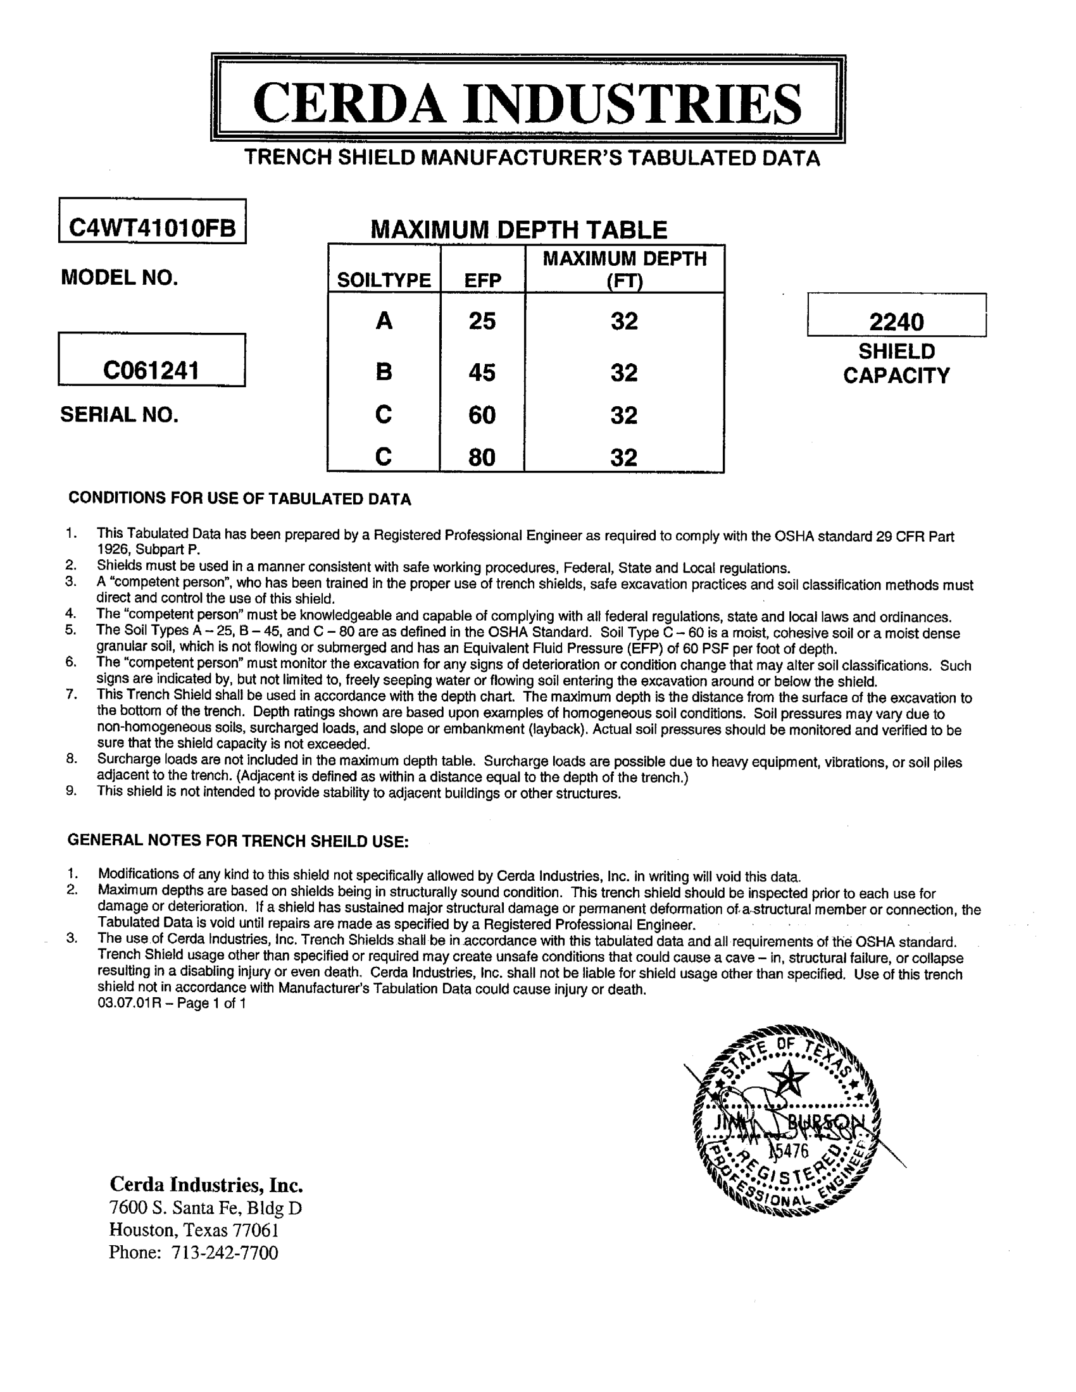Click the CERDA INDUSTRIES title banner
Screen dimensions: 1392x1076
[527, 102]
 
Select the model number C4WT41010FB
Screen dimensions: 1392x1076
[152, 228]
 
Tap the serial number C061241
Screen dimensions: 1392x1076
[151, 369]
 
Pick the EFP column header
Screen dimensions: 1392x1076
[482, 280]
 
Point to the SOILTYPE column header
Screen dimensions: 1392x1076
[384, 280]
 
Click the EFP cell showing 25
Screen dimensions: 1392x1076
[482, 321]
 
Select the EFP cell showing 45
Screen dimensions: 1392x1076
[482, 372]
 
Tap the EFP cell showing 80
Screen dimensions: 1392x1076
[482, 457]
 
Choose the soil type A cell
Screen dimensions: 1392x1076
[384, 321]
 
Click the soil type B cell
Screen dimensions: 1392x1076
[384, 372]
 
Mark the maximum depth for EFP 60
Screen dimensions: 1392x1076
[624, 416]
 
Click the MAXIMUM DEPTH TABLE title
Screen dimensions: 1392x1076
[519, 230]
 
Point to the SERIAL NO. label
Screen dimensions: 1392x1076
[119, 414]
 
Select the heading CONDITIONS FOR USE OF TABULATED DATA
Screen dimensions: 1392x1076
[240, 499]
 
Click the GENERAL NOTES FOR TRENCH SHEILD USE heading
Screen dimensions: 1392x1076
[238, 841]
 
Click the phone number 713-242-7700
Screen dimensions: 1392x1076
[225, 1252]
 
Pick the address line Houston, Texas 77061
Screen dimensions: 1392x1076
[194, 1229]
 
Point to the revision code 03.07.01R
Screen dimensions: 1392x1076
[130, 1004]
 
